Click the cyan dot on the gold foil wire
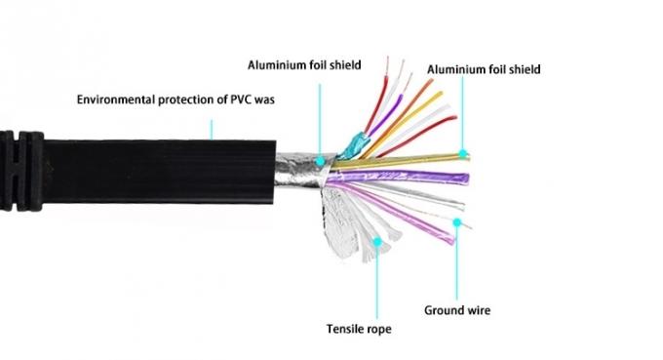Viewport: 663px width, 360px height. (464, 155)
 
